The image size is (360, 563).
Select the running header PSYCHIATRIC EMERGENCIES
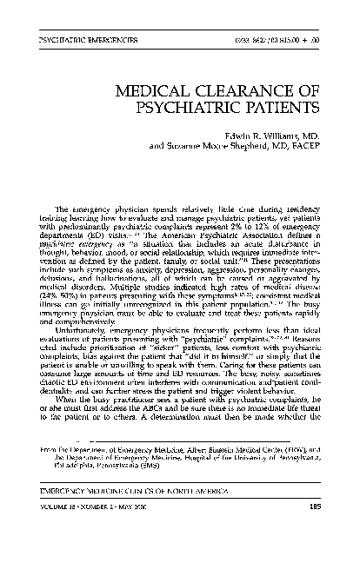pyautogui.click(x=83, y=41)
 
